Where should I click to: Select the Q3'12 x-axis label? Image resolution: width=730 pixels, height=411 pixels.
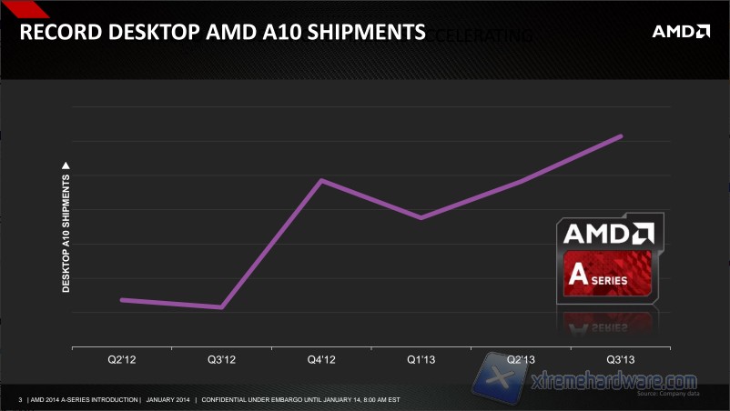click(x=221, y=361)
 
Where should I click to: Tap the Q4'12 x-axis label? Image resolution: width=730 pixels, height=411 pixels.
click(x=321, y=361)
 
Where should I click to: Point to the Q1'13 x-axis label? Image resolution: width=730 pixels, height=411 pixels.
click(x=421, y=361)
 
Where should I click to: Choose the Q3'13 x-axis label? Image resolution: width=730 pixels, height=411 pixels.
click(x=621, y=361)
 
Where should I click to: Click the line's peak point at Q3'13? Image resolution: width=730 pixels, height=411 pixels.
click(x=621, y=136)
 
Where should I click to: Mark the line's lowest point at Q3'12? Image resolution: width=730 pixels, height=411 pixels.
click(x=221, y=307)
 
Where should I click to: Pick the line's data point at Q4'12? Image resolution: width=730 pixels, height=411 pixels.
click(x=321, y=180)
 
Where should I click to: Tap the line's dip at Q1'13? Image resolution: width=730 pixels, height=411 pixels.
click(x=421, y=218)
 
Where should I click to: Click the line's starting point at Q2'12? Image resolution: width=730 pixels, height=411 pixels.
click(x=122, y=299)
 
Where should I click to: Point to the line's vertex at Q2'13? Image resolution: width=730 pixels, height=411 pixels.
click(x=521, y=182)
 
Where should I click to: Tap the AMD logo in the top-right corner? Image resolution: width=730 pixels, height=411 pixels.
click(x=680, y=32)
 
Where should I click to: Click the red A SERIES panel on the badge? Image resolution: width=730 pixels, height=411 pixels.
click(x=608, y=277)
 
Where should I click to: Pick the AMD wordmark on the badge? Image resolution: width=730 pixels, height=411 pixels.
click(x=608, y=234)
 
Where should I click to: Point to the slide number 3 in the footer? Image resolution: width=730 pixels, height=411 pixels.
click(x=20, y=399)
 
